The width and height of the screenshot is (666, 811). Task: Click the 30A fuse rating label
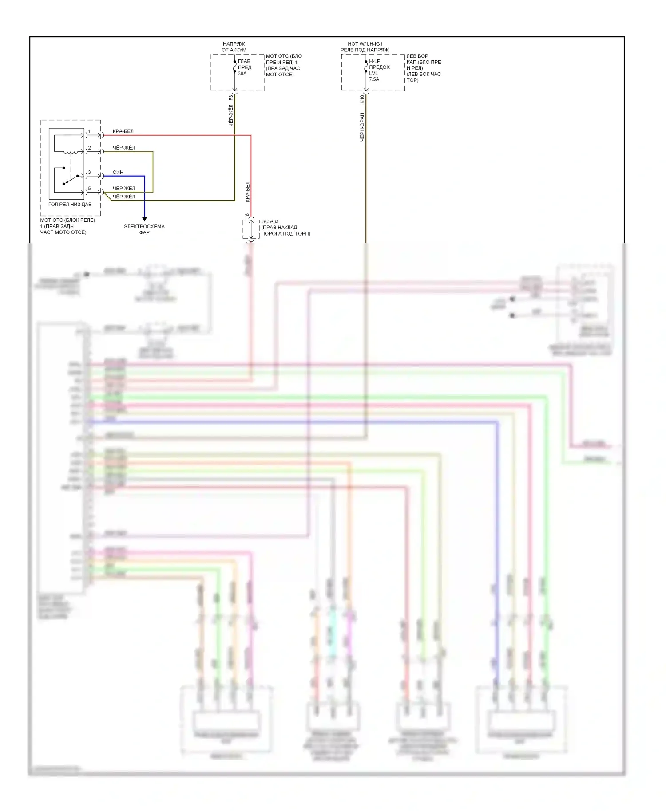pyautogui.click(x=242, y=74)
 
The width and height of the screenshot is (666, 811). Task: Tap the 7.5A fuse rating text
pyautogui.click(x=374, y=79)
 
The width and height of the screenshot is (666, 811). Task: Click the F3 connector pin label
pyautogui.click(x=230, y=98)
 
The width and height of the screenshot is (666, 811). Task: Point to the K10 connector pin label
pyautogui.click(x=362, y=98)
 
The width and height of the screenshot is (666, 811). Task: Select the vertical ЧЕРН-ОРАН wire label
pyautogui.click(x=362, y=127)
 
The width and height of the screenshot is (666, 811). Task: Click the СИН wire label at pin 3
pyautogui.click(x=118, y=172)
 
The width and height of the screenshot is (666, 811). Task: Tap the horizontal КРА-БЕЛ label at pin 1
pyautogui.click(x=123, y=131)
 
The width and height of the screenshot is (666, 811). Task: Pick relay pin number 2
pyautogui.click(x=89, y=148)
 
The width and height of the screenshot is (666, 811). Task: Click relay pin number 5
pyautogui.click(x=89, y=189)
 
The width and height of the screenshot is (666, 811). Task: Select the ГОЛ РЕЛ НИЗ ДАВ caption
pyautogui.click(x=70, y=205)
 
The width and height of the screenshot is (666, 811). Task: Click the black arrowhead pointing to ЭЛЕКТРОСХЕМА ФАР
pyautogui.click(x=144, y=219)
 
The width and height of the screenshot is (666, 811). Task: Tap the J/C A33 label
pyautogui.click(x=270, y=221)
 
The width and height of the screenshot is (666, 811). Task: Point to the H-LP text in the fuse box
pyautogui.click(x=374, y=62)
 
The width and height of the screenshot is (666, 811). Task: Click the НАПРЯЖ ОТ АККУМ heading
pyautogui.click(x=234, y=47)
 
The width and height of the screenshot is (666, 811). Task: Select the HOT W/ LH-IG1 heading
pyautogui.click(x=365, y=47)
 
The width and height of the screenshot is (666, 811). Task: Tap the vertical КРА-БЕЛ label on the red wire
pyautogui.click(x=247, y=192)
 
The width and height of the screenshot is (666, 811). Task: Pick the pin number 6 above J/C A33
pyautogui.click(x=247, y=215)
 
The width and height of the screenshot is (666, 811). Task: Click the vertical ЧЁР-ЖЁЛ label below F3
pyautogui.click(x=231, y=116)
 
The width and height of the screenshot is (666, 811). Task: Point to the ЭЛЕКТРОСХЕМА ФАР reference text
pyautogui.click(x=144, y=229)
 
